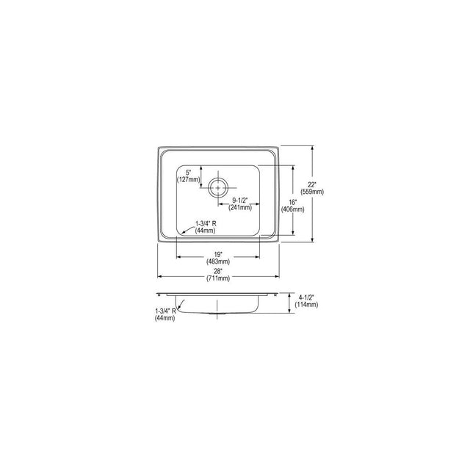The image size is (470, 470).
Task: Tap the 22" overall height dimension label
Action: (x=311, y=185)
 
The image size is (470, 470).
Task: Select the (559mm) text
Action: (x=312, y=192)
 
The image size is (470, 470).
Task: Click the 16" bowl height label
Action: (x=292, y=203)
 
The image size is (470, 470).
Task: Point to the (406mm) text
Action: (x=292, y=209)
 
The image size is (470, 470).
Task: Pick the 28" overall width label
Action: (x=218, y=272)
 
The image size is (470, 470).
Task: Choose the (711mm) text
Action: (x=218, y=278)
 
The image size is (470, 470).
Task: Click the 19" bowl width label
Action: (x=218, y=255)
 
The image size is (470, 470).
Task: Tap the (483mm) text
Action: (x=218, y=261)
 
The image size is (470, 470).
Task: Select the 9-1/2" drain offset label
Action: (x=240, y=200)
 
